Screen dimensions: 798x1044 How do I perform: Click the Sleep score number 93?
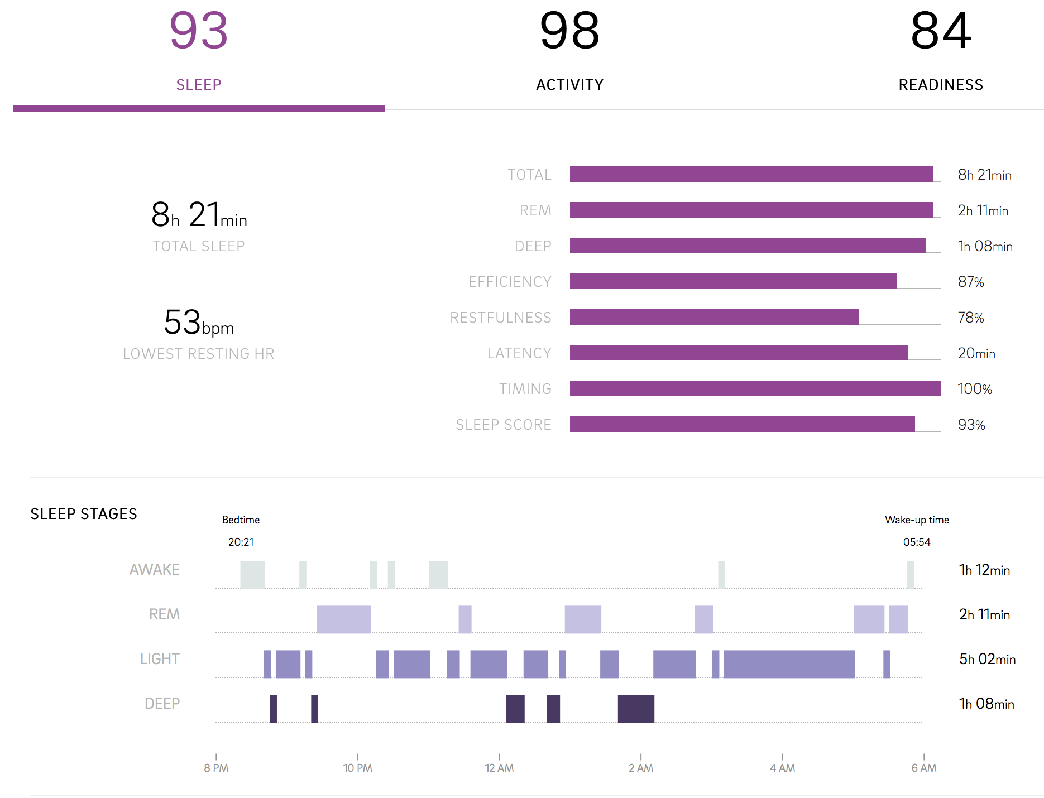tap(199, 31)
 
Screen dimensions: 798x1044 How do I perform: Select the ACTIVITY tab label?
tap(569, 85)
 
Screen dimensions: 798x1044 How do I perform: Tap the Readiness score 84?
tap(941, 31)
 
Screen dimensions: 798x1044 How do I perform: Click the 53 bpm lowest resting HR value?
tap(198, 323)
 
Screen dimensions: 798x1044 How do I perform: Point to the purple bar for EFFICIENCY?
tap(732, 281)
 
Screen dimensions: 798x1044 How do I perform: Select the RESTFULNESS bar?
tap(714, 317)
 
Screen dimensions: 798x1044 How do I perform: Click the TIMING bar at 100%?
tap(755, 388)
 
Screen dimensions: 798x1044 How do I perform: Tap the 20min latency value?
tap(976, 353)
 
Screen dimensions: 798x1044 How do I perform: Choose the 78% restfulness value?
tap(971, 318)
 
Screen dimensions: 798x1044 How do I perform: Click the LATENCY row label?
tap(519, 353)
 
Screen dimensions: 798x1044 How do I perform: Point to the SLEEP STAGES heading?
tap(84, 514)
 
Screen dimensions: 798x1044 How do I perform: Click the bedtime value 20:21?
tap(241, 542)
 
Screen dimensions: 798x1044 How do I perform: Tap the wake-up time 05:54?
tap(917, 542)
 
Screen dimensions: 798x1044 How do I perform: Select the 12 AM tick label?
tap(499, 768)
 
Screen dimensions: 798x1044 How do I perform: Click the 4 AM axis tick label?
tap(782, 768)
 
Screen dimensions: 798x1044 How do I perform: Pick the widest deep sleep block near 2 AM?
tap(636, 709)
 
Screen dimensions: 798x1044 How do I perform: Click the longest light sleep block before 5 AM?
tap(789, 664)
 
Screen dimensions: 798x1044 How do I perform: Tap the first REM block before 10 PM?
tap(344, 619)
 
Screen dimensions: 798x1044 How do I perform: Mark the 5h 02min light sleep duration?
tap(987, 659)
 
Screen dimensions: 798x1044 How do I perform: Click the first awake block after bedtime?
tap(252, 575)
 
